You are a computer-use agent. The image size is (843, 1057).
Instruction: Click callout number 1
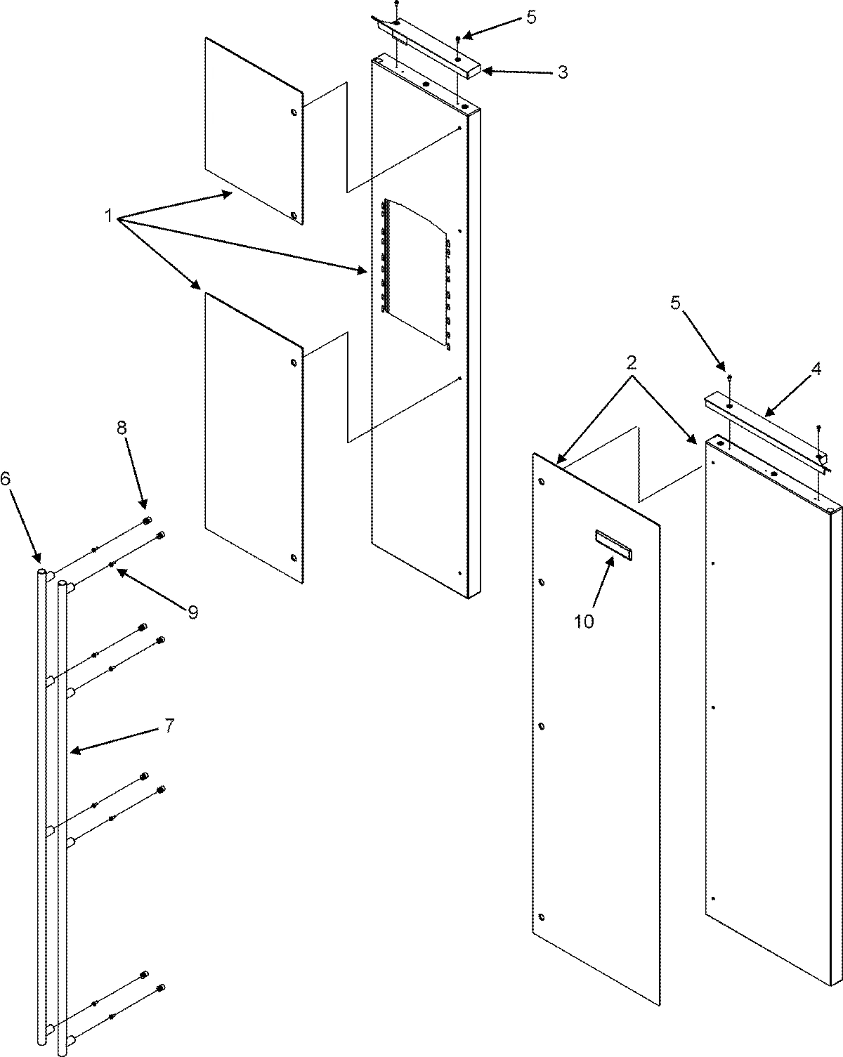pos(109,216)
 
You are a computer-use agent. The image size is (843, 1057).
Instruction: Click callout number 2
pos(632,362)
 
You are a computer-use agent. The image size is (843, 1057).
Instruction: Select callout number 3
pos(562,72)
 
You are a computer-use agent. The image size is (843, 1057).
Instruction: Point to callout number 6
pos(6,479)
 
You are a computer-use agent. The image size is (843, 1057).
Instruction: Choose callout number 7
pos(169,725)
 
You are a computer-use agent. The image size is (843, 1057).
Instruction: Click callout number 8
pos(122,428)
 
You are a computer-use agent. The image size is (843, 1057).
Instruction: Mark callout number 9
pos(192,612)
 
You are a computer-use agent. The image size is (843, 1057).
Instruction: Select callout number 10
pos(584,621)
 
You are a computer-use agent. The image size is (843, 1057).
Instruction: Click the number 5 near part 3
pos(531,18)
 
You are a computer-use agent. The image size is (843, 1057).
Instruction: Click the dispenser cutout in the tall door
pos(414,274)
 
